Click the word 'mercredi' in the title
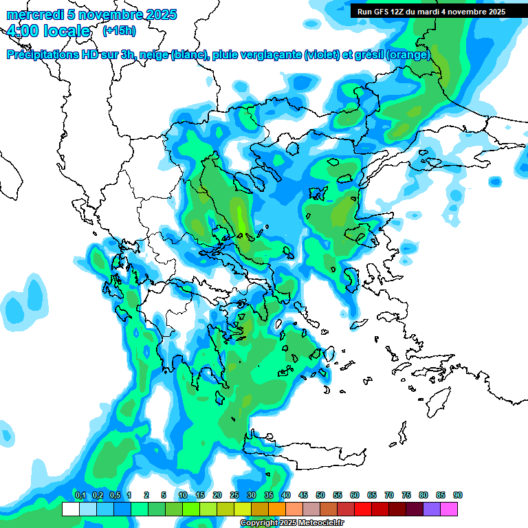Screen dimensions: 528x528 tap(32, 14)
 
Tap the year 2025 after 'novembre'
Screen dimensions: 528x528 tap(157, 14)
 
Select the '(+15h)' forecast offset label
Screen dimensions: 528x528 tap(118, 31)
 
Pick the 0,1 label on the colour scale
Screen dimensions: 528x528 tap(80, 496)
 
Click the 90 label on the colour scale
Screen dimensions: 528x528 tap(458, 496)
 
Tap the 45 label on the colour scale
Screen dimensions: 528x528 tap(303, 496)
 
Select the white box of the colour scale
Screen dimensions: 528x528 tap(70, 509)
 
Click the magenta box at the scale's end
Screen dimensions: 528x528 tap(449, 509)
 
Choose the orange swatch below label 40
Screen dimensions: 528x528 tap(277, 509)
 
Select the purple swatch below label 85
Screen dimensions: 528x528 tap(432, 509)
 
